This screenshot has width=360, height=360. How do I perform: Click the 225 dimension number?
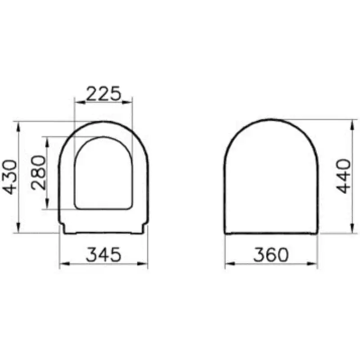click(103, 93)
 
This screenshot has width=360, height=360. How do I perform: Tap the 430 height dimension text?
click(10, 176)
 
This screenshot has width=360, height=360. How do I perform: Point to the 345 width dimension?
click(103, 255)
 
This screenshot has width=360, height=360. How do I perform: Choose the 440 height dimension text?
click(344, 176)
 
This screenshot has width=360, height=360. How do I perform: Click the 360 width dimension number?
click(270, 255)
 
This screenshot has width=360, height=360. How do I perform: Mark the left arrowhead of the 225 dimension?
click(76, 102)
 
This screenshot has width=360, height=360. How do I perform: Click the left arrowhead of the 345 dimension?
click(63, 264)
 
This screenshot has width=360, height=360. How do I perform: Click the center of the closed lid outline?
click(271, 180)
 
